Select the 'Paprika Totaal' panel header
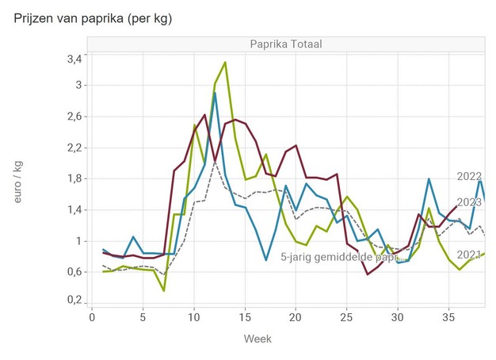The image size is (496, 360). point(287,44)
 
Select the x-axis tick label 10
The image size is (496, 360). point(193,318)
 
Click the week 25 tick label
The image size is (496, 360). point(345,318)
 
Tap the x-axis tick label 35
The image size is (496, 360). point(447,318)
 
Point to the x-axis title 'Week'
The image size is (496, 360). point(258,339)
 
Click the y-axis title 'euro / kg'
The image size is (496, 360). point(19,179)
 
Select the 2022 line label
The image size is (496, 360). point(470,176)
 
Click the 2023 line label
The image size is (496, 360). point(470,202)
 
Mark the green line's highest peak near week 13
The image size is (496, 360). point(225,62)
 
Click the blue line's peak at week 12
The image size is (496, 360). point(215,93)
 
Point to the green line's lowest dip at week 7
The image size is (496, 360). point(164,290)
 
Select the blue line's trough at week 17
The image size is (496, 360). point(266,259)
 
